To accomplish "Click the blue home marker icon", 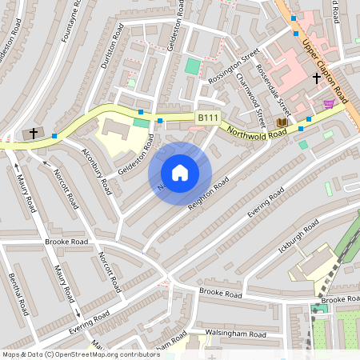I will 180,173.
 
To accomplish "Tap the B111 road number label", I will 208,118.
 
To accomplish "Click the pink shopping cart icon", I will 328,104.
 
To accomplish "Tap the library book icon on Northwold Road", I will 281,122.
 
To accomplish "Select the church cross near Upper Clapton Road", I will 317,78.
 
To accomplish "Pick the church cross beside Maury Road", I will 34,133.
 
